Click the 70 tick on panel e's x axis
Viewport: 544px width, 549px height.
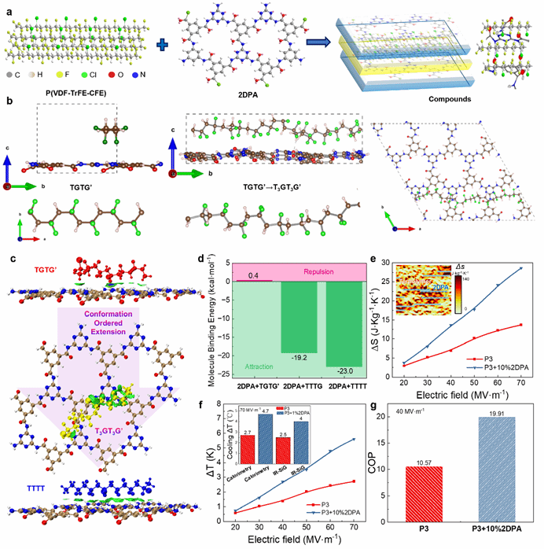(522, 367)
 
